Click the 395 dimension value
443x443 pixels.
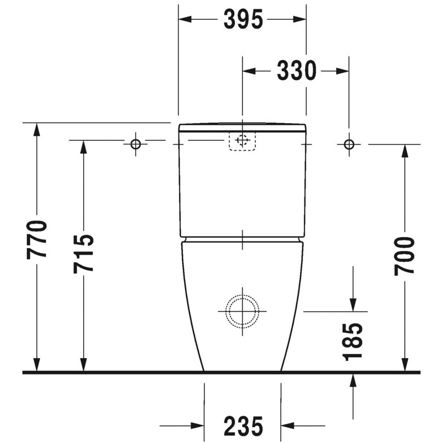point(243,20)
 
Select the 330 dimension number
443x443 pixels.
point(296,71)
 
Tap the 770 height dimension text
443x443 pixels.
point(37,240)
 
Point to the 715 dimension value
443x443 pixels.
point(83,254)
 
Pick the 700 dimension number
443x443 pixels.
point(405,256)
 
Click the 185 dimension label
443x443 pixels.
point(352,342)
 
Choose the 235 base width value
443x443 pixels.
point(243,426)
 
